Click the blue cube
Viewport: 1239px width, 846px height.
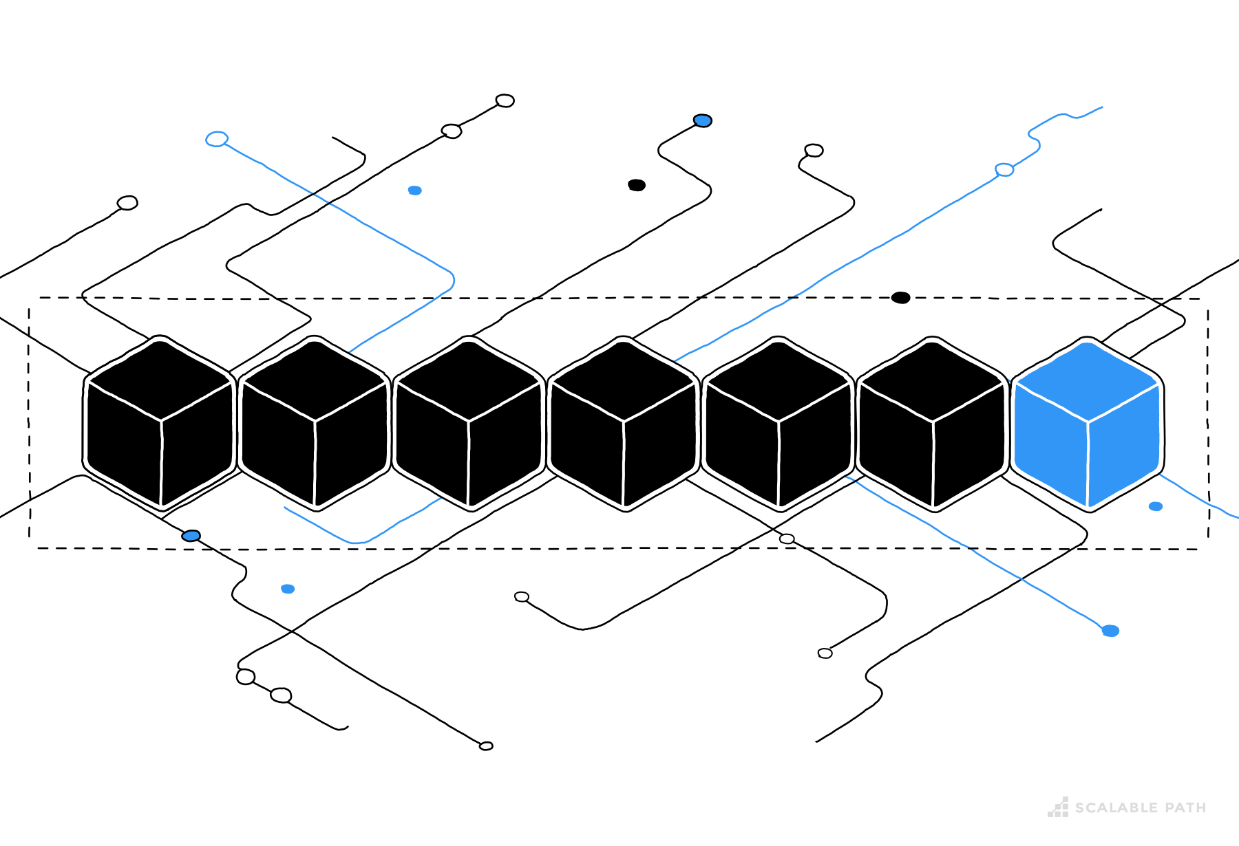tap(1088, 426)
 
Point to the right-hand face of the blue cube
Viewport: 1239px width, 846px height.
tap(1123, 447)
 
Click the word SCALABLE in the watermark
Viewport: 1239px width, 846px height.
tap(1109, 808)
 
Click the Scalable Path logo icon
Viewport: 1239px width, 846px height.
tap(1059, 807)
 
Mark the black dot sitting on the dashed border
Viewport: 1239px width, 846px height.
tap(900, 298)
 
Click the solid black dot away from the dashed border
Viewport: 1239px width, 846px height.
tap(637, 185)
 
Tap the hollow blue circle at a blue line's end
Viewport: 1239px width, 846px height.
tap(217, 139)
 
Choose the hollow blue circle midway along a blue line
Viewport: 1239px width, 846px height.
tap(1004, 170)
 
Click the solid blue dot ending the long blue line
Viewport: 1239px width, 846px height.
tap(1110, 631)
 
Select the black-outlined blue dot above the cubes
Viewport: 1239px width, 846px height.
tap(702, 121)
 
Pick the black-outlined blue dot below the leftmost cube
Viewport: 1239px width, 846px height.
tap(191, 536)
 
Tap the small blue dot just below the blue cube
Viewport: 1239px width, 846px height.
tap(1156, 506)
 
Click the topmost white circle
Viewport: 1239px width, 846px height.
tap(505, 101)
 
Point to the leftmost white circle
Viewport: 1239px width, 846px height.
tap(127, 203)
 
